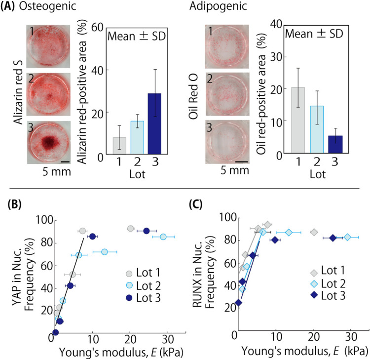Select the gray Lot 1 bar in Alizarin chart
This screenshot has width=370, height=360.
coord(119,146)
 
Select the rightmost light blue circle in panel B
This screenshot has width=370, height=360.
coord(164,237)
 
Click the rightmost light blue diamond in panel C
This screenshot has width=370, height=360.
coord(347,238)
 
